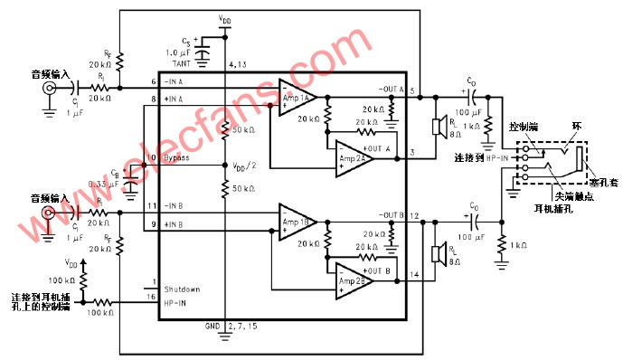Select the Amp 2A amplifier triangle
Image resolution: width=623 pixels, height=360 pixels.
(354, 157)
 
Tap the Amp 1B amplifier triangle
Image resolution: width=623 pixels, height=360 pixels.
(296, 222)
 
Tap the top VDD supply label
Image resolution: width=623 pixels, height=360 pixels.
(224, 16)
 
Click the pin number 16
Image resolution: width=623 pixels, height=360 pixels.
(153, 296)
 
